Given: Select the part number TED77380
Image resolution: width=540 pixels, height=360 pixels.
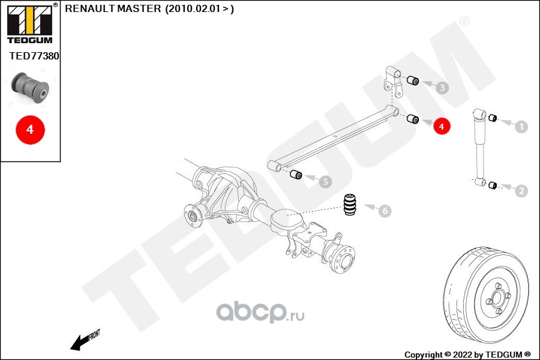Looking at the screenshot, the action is coord(34,56).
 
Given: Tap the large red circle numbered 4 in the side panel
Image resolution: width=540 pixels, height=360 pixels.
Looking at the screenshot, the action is coord(30,128).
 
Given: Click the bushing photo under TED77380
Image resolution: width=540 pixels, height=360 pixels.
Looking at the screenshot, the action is coord(32,87).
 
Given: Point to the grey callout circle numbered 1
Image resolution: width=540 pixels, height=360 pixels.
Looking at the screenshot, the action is coord(521,127).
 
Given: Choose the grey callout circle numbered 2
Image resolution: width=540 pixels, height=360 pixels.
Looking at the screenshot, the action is coord(521,191).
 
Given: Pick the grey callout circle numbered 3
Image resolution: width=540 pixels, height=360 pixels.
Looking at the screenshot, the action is coord(442,88).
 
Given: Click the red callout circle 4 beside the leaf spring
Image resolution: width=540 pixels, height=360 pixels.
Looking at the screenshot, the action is coord(441,127).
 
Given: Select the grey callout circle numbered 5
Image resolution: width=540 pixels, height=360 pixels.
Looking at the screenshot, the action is coord(324,181).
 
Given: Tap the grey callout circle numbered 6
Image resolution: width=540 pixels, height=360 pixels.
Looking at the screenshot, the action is coord(384,211).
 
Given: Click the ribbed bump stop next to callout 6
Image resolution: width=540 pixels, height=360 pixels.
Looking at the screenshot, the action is coord(350,205).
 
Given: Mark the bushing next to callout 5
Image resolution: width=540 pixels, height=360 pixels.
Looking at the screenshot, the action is coord(295,175).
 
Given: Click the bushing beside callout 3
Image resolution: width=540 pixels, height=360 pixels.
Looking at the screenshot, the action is coord(413,81).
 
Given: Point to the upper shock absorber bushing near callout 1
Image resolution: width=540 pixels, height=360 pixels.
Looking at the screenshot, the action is coord(492,118).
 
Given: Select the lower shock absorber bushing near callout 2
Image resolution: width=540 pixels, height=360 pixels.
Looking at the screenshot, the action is coord(492,184).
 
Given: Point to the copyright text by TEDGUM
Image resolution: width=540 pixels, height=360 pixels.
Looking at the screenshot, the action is coord(467,354).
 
